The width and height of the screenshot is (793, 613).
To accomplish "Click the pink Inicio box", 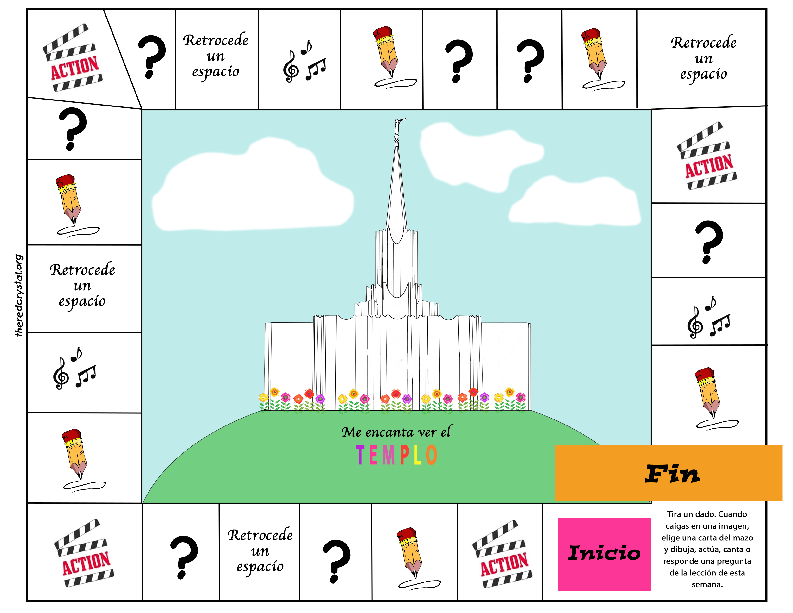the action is point(604,554).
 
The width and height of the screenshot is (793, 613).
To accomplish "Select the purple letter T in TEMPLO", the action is point(360,455).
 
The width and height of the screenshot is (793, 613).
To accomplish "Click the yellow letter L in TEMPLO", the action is point(418,455).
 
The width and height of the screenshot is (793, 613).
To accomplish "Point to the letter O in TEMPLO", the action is point(431,455).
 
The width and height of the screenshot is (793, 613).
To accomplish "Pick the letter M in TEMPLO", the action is point(388,455).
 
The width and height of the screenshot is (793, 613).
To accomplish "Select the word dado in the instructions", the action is point(706,514).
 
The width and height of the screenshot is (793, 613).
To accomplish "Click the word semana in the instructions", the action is point(707,584).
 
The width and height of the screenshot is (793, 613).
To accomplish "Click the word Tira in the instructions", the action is point(674,514).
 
